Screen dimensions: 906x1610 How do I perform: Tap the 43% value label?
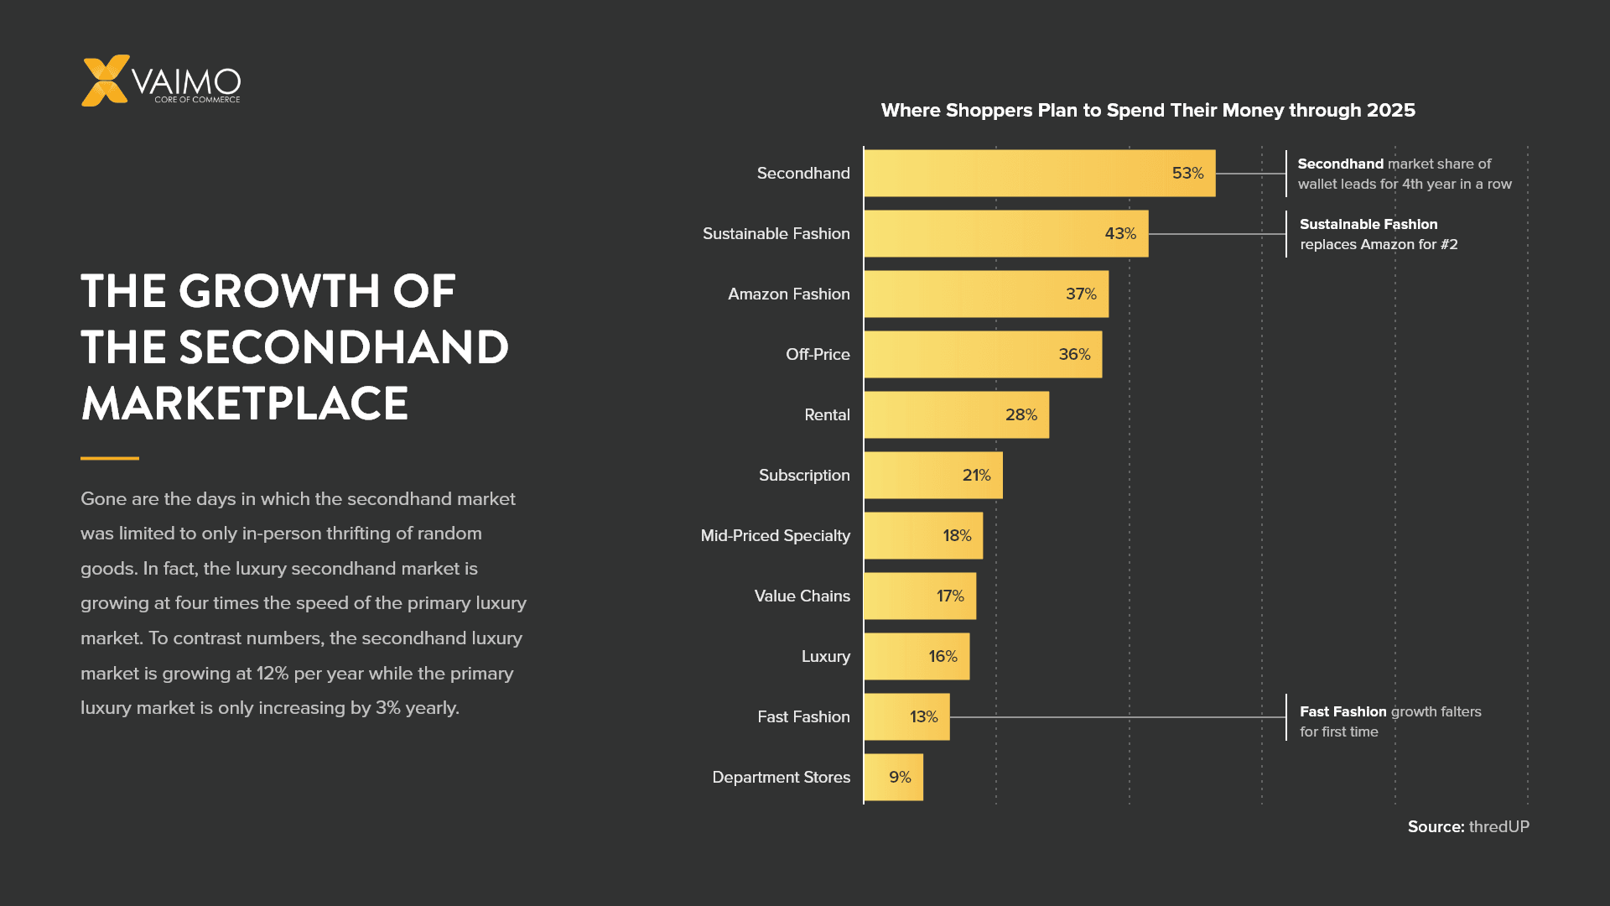click(1119, 234)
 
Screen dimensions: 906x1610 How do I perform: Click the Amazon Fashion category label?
click(788, 294)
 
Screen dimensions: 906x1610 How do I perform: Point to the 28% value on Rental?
click(1021, 415)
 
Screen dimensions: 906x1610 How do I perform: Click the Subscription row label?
click(803, 476)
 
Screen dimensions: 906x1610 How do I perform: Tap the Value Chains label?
click(802, 596)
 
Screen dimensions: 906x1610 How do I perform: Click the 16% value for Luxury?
click(943, 657)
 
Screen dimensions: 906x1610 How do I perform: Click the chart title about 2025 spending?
click(1147, 111)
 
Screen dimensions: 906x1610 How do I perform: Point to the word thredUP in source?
click(1498, 827)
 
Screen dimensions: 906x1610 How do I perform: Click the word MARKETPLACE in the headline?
click(245, 404)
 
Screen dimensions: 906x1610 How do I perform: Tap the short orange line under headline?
click(110, 458)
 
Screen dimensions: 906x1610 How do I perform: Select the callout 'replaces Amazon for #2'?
click(1378, 245)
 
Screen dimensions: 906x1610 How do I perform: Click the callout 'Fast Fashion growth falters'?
click(1389, 712)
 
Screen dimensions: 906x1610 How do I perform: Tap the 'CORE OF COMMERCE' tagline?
click(197, 100)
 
